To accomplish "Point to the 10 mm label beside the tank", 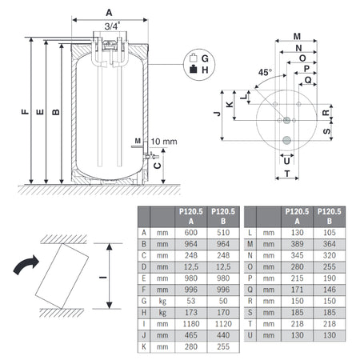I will point(163,142).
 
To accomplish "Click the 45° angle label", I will point(264,72).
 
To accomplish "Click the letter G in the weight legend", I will point(205,58).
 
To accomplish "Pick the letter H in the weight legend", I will point(205,70).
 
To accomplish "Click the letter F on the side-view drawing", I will point(26,111).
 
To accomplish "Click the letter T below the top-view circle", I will point(287,174).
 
